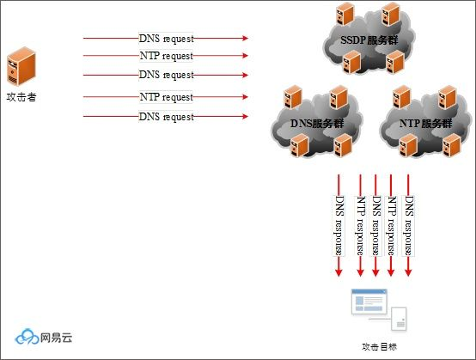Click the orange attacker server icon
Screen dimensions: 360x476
coord(20,68)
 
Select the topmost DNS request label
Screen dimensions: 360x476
coord(167,39)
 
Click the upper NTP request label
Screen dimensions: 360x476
coord(167,56)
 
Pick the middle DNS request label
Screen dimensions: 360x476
coord(167,75)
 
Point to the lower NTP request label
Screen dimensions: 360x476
coord(167,97)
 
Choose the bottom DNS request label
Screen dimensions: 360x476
coord(167,116)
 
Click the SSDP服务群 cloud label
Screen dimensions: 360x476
coord(368,40)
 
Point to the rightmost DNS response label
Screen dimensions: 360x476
coord(409,225)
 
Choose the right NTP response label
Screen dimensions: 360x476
coord(393,225)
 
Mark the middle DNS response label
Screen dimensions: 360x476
coord(376,225)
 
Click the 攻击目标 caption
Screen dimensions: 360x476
coord(379,347)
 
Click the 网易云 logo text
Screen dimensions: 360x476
coord(56,338)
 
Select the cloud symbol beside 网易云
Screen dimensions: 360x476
coord(27,337)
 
